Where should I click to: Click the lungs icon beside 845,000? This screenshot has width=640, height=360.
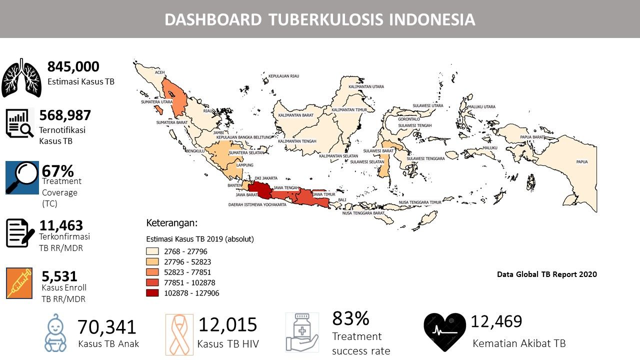(21, 77)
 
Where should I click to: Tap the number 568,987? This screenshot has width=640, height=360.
(65, 115)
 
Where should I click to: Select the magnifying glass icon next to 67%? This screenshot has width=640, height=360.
(22, 177)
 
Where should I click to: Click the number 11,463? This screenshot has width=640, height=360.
(61, 225)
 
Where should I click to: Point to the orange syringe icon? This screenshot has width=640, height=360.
(20, 283)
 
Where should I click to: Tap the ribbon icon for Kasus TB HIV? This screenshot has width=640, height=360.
(179, 334)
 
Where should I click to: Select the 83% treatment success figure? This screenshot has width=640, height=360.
(350, 318)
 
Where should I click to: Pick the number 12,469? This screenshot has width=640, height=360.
(496, 321)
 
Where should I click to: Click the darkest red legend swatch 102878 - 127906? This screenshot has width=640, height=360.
(152, 293)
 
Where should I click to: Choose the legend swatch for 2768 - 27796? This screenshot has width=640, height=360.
(152, 251)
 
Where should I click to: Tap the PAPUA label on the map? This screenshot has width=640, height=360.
(581, 162)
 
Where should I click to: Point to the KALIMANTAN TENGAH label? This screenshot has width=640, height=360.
(297, 141)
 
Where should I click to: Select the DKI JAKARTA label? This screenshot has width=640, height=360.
(265, 178)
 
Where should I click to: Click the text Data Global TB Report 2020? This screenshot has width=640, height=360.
(546, 274)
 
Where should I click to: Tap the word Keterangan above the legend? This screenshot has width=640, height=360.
(172, 222)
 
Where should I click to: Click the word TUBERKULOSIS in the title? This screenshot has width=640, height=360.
(326, 19)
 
